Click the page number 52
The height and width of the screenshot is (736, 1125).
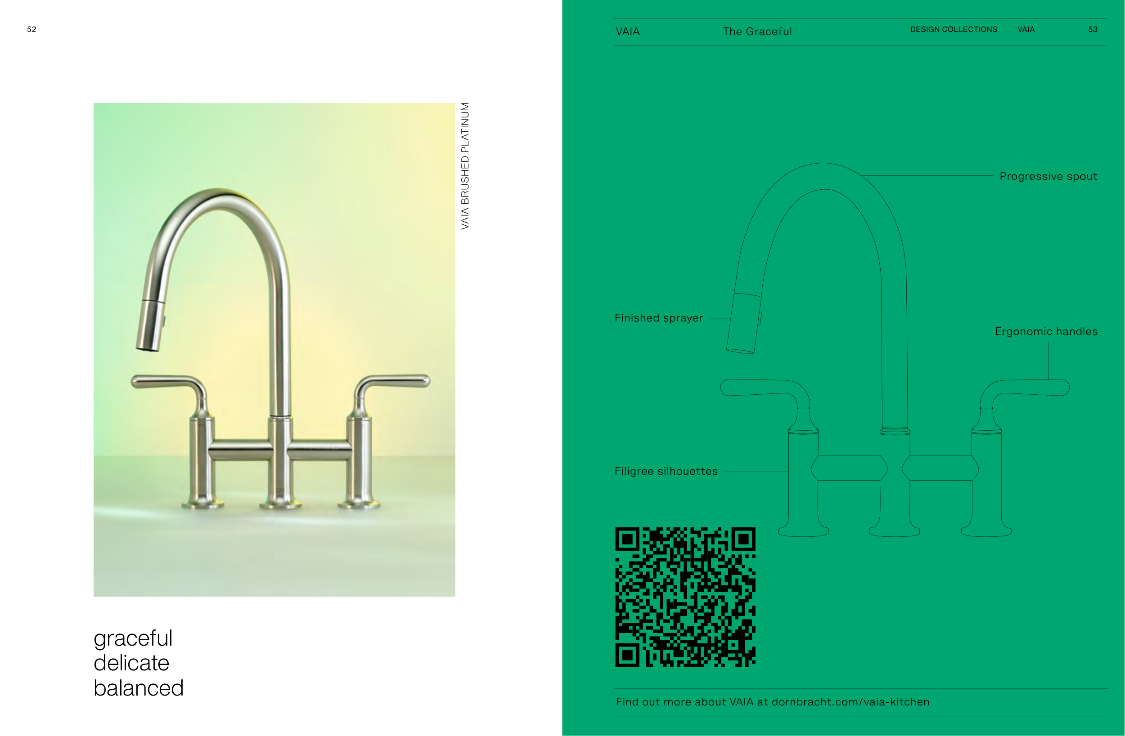pyautogui.click(x=31, y=29)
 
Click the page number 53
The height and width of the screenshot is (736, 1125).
pyautogui.click(x=1093, y=29)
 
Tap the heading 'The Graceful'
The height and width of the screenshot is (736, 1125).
pyautogui.click(x=757, y=31)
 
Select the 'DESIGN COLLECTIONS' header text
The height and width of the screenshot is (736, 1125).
pyautogui.click(x=954, y=29)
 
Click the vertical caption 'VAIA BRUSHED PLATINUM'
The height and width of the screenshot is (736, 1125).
pyautogui.click(x=465, y=166)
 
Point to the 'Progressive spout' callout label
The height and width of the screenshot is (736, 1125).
pyautogui.click(x=1048, y=176)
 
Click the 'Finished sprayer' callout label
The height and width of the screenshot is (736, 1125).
pyautogui.click(x=658, y=318)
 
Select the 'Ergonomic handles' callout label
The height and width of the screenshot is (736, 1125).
pyautogui.click(x=1046, y=332)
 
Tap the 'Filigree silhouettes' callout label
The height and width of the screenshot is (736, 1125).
pyautogui.click(x=666, y=472)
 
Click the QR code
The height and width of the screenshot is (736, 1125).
pyautogui.click(x=685, y=597)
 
